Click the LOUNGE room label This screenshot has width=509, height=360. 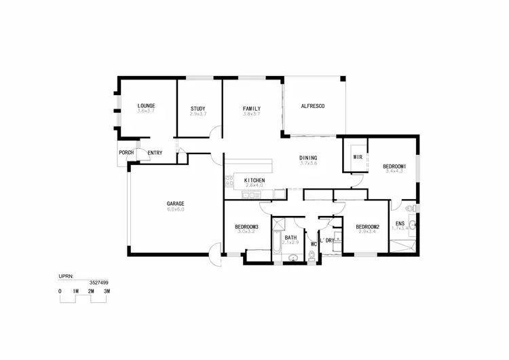pos(146,106)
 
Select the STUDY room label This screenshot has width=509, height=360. pos(197,109)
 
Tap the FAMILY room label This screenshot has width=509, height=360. pos(252,109)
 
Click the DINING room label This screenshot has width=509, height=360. pos(308,158)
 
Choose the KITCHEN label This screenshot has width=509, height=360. pos(254,180)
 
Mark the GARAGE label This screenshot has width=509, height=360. pos(176,203)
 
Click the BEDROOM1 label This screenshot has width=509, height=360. pos(394,166)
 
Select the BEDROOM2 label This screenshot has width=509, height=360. pos(366,226)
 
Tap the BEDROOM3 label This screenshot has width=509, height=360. pos(246,226)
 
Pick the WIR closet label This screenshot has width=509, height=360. pos(358,157)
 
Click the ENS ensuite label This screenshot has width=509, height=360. pos(400,223)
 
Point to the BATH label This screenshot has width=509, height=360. pos(290,237)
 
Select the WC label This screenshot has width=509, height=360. pos(314,243)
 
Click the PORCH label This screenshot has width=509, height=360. pos(126,153)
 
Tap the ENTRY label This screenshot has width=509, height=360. pos(155,153)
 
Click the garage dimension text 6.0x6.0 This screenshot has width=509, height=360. pos(176,209)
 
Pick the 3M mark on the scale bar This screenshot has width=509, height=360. pos(107,291)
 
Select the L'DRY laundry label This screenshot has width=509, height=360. pos(328,240)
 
